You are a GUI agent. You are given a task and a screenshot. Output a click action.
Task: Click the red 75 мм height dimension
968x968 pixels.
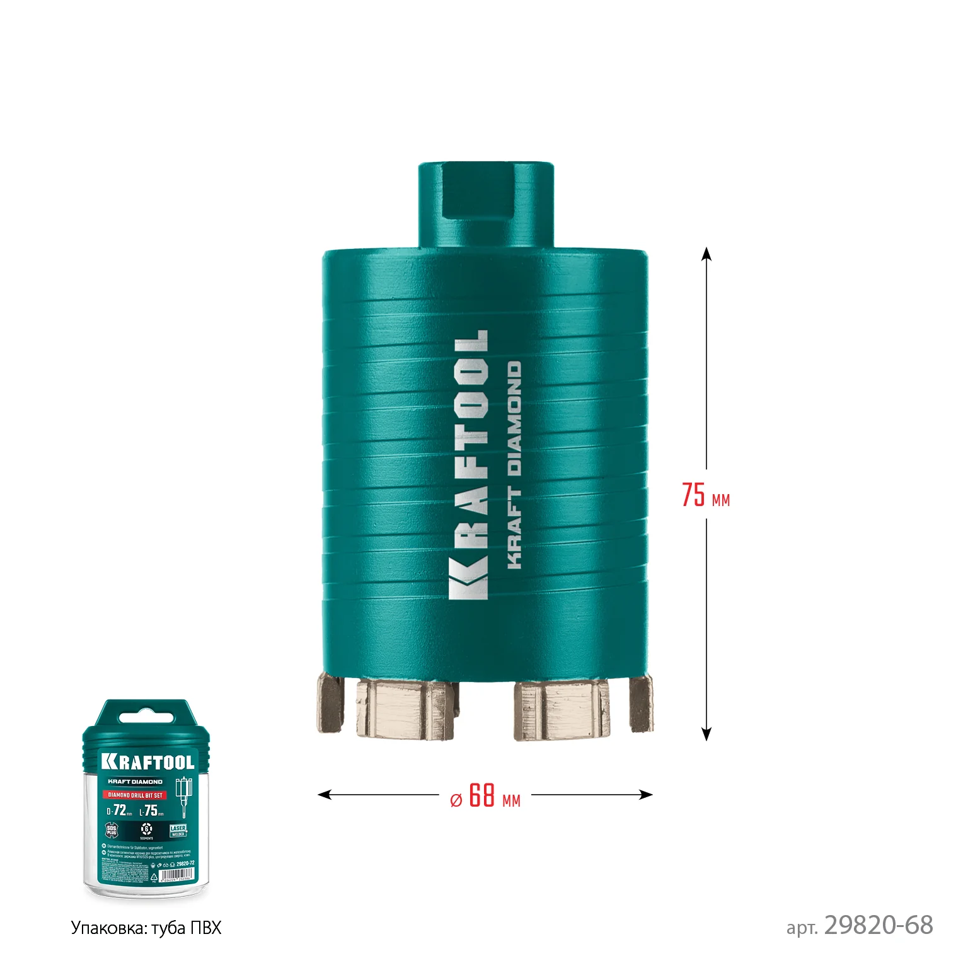click(705, 495)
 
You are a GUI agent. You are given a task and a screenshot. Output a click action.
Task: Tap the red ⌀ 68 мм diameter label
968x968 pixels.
click(485, 796)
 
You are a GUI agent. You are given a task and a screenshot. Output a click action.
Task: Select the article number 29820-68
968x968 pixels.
click(878, 925)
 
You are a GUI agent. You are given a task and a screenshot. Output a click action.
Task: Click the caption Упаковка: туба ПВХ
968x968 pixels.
click(146, 928)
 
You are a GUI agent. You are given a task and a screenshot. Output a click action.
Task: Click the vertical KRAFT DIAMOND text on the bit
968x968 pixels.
click(514, 465)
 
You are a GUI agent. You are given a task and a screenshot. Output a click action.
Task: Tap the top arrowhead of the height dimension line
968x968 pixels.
click(706, 253)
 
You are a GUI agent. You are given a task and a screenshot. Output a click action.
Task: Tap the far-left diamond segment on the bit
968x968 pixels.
click(330, 703)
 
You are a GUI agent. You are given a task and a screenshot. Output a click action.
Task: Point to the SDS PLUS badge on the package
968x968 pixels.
click(111, 831)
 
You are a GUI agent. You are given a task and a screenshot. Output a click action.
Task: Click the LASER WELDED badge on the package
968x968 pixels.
click(178, 831)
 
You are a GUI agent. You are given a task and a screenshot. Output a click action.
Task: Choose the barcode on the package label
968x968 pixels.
click(177, 875)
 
